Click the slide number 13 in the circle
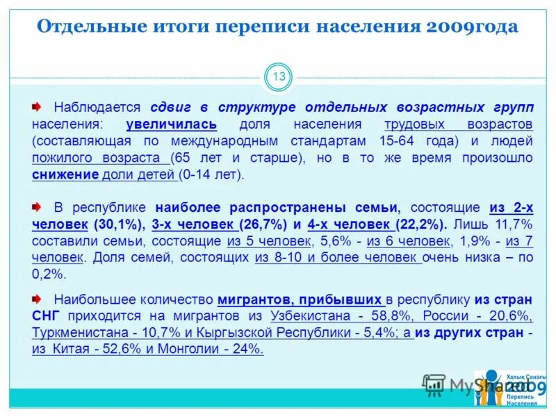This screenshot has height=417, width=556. point(279,77)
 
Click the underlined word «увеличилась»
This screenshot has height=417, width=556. point(172,124)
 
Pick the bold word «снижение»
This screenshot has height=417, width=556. point(65,174)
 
